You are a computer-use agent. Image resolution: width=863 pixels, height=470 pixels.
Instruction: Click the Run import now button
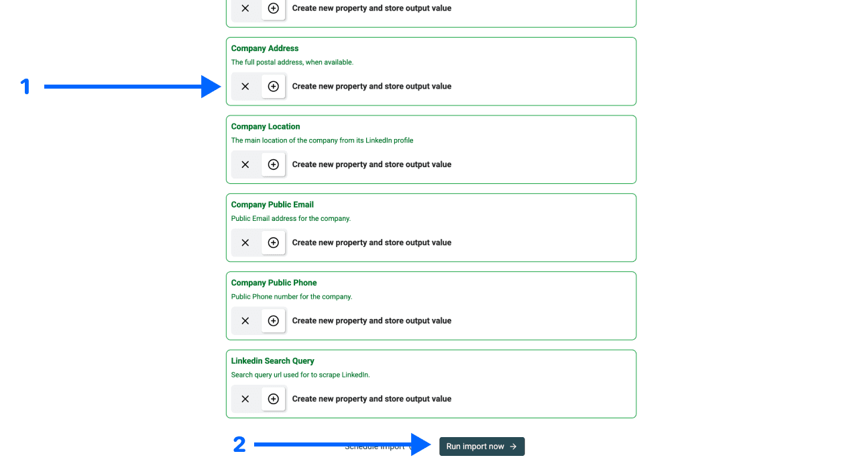click(x=481, y=446)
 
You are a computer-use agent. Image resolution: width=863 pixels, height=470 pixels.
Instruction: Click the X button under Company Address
click(x=245, y=87)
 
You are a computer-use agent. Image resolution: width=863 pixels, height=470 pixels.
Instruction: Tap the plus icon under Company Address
click(x=273, y=87)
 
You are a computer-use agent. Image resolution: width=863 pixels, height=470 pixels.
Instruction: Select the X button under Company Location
click(x=245, y=164)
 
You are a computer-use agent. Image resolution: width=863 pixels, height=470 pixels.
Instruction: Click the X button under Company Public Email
click(x=245, y=242)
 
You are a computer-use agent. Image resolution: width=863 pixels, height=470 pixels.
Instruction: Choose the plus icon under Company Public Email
click(x=273, y=242)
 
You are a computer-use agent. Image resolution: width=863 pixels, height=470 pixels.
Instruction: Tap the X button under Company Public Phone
click(x=245, y=321)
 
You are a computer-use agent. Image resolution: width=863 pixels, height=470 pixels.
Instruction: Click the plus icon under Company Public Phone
click(x=273, y=321)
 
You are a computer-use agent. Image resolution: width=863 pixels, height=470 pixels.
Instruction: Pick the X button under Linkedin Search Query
click(x=245, y=399)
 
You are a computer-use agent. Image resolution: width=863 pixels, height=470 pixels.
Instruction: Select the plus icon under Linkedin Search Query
click(x=273, y=399)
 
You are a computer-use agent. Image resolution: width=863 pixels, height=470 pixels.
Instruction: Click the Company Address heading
click(x=265, y=48)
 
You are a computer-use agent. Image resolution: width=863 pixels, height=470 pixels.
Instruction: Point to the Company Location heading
click(x=266, y=126)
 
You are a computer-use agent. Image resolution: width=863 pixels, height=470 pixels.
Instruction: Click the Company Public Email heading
click(x=272, y=205)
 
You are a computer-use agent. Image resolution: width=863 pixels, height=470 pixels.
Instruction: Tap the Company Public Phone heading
click(x=274, y=283)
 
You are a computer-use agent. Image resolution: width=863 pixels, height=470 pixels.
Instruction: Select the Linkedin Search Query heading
click(x=272, y=361)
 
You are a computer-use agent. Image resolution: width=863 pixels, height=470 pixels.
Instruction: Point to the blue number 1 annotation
click(x=25, y=87)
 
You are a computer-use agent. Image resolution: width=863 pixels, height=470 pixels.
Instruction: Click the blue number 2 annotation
click(x=239, y=444)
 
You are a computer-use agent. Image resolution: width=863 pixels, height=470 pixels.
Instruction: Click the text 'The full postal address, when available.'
click(x=292, y=62)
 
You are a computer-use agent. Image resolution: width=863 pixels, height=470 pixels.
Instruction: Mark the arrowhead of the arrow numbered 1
click(x=213, y=87)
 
